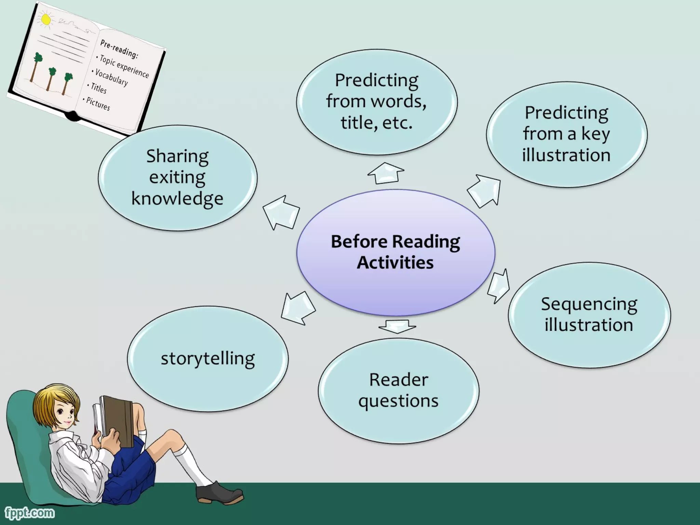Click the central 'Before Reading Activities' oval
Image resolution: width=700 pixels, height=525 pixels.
395,252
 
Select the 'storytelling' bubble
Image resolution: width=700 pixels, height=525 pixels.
207,359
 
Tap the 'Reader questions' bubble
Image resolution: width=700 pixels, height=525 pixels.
399,390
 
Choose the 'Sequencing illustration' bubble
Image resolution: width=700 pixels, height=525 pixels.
589,314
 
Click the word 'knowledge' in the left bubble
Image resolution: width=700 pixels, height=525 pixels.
177,199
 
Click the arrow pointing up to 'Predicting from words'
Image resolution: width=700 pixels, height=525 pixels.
386,173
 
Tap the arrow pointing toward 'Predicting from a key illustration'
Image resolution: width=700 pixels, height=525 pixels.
485,190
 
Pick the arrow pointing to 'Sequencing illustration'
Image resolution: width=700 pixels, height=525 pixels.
499,286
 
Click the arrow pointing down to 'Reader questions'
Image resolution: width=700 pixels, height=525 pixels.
397,326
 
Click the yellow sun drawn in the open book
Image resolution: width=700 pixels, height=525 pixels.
45,19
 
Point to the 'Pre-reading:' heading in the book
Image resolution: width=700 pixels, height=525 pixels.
119,49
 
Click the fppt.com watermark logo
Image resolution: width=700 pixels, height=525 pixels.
29,512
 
